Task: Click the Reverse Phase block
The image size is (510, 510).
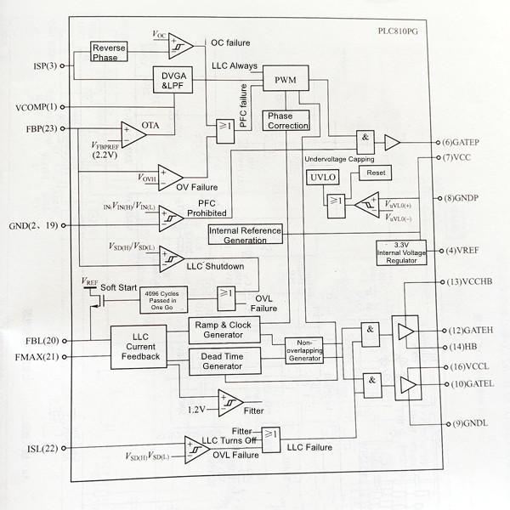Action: pyautogui.click(x=109, y=52)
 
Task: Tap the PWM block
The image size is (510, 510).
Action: pyautogui.click(x=285, y=80)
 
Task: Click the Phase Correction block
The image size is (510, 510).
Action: pyautogui.click(x=287, y=120)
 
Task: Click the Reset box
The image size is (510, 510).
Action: pyautogui.click(x=373, y=173)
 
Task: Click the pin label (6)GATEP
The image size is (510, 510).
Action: pyautogui.click(x=462, y=142)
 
